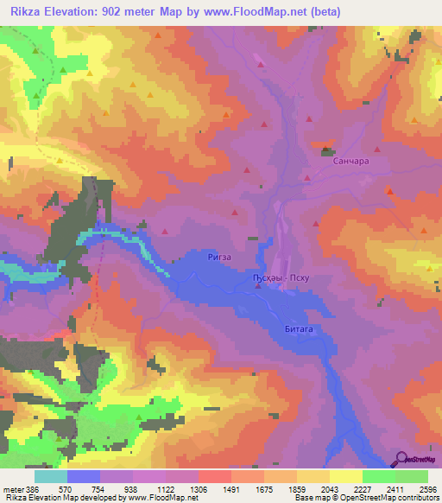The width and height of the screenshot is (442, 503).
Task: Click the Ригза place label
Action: tap(220, 258)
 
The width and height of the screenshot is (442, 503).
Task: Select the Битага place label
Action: tap(298, 329)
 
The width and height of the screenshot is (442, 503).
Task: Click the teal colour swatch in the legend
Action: tap(50, 475)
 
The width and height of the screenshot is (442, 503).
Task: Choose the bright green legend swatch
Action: tap(379, 475)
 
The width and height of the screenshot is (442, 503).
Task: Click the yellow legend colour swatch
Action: tap(346, 475)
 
